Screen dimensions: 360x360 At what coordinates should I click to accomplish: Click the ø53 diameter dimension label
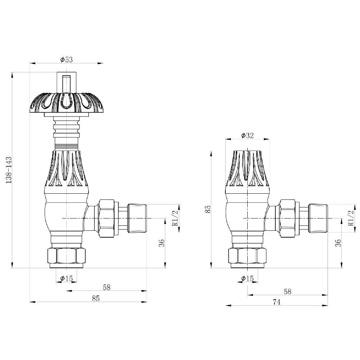coord(67,60)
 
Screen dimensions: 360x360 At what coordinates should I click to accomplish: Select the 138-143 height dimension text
coord(9,170)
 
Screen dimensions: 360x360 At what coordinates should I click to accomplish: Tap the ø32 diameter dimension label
coord(247,135)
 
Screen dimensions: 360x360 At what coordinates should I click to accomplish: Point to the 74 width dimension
coord(276,302)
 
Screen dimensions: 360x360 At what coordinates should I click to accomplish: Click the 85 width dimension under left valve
coord(95,298)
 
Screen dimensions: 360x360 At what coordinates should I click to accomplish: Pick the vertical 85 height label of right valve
coord(208,210)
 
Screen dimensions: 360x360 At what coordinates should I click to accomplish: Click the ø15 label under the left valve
coord(67,278)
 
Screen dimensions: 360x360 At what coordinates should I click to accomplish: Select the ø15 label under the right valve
coord(248,278)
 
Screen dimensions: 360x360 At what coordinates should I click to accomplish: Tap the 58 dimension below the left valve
coord(107,287)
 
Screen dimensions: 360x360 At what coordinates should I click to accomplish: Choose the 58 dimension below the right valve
coord(287,291)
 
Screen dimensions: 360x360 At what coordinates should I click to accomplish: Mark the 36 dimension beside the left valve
coord(162,243)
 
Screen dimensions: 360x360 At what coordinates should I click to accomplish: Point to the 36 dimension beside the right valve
coord(338,243)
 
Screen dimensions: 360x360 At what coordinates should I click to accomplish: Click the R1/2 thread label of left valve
coord(175,218)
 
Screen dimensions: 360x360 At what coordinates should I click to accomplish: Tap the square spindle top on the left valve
coord(67,82)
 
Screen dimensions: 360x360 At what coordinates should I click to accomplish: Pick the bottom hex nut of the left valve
coord(67,256)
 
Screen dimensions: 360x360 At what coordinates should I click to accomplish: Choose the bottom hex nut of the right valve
coord(248,256)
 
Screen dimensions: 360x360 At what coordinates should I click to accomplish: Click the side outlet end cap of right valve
coord(318,218)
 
